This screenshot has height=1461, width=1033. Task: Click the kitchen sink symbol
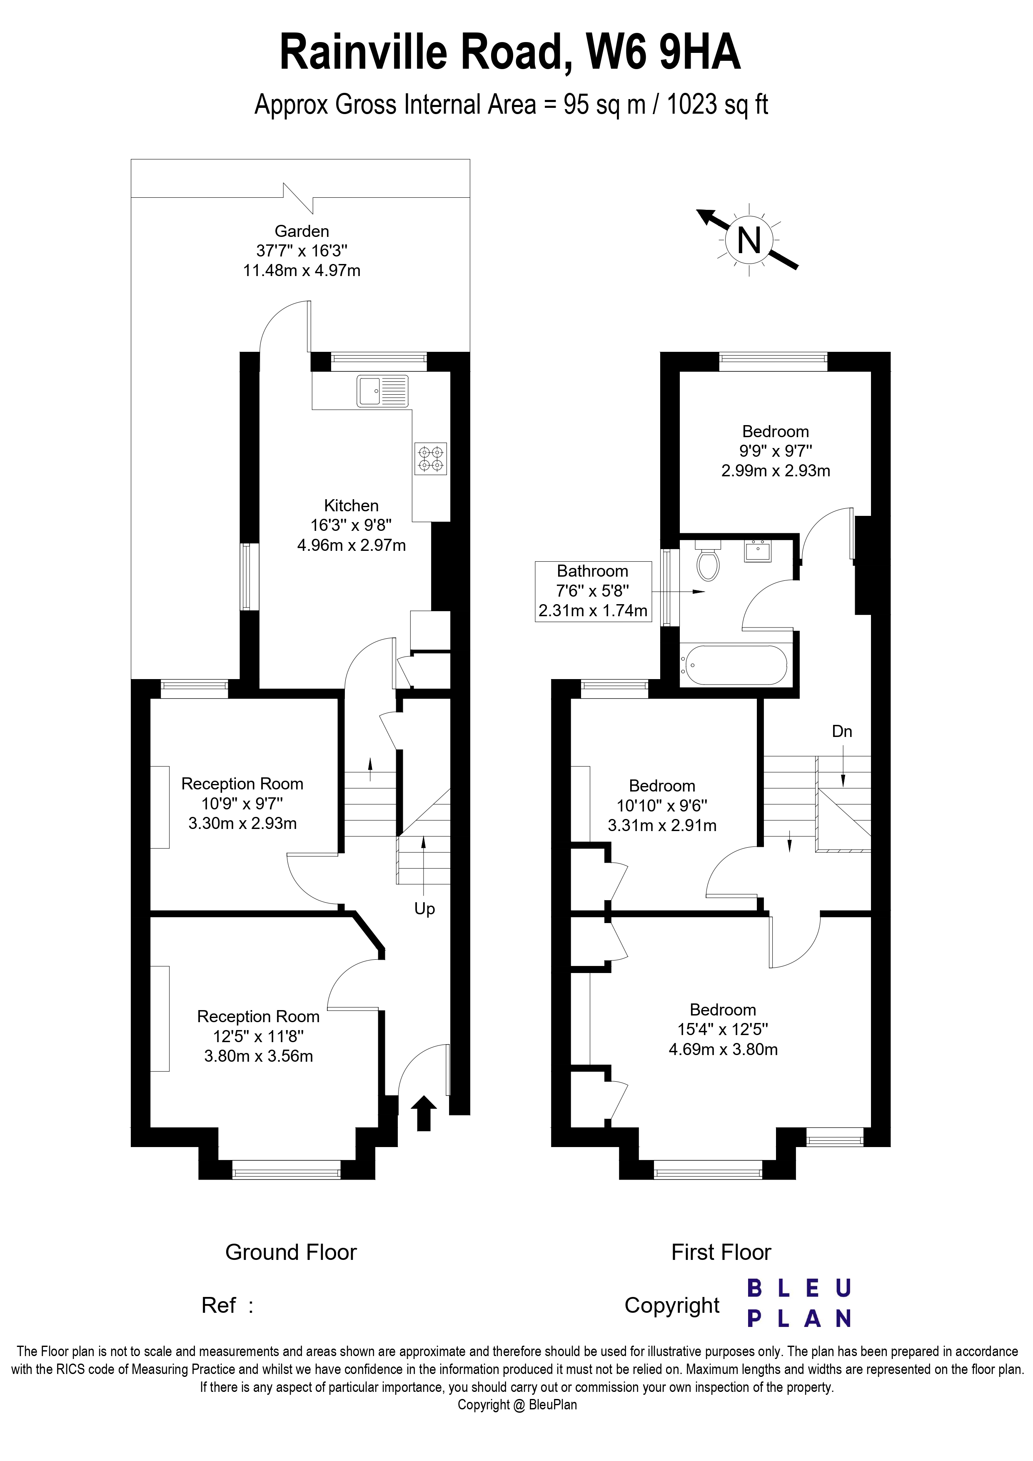click(x=382, y=391)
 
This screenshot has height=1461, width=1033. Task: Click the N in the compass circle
click(x=749, y=241)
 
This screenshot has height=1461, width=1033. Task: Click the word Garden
click(x=302, y=231)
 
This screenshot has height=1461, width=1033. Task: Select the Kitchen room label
click(x=351, y=506)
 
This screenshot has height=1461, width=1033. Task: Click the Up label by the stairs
click(x=424, y=908)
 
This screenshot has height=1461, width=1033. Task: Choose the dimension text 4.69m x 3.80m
click(x=723, y=1049)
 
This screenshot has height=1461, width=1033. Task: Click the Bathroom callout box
click(x=593, y=591)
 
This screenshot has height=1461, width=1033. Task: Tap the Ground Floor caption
click(x=291, y=1252)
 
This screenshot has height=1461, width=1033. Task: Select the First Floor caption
click(x=721, y=1252)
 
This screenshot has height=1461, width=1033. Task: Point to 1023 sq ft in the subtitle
click(x=717, y=105)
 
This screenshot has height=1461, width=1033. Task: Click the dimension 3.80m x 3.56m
click(x=258, y=1056)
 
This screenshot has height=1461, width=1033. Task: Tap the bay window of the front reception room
click(x=287, y=1170)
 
